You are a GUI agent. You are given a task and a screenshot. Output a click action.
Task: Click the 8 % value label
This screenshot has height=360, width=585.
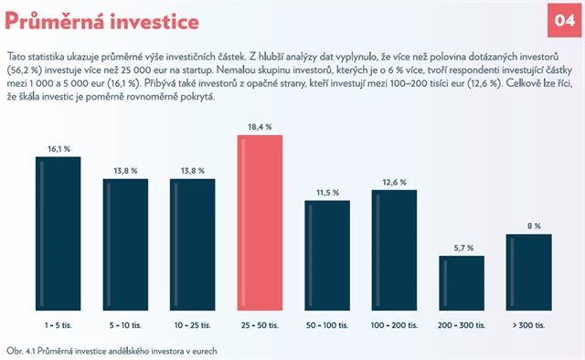[x=529, y=225]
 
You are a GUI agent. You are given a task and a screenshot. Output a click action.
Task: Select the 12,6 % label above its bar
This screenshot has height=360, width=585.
[x=394, y=180]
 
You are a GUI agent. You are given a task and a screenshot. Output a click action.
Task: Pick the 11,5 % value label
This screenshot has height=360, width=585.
[x=327, y=192]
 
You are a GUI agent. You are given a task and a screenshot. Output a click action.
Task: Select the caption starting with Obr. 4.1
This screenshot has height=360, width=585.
[x=112, y=349]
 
